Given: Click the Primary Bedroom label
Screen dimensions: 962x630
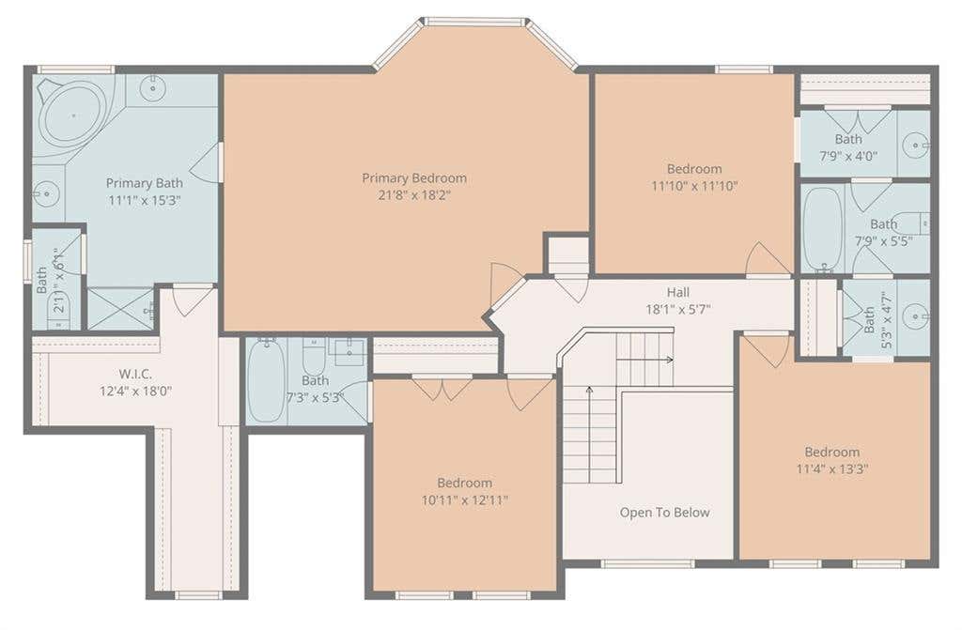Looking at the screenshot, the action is click(x=414, y=177).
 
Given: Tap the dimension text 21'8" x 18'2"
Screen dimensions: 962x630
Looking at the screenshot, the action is click(x=414, y=195).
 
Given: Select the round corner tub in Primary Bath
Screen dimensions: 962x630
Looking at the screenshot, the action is click(x=71, y=115).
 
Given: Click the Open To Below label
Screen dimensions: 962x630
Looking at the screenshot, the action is click(x=664, y=513).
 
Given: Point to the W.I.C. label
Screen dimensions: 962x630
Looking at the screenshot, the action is click(x=135, y=374).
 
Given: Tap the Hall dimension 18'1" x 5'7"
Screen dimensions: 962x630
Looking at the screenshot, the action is click(x=678, y=309).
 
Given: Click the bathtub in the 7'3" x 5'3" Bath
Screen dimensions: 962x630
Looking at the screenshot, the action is click(x=267, y=380).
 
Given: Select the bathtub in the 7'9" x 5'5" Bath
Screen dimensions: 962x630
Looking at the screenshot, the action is click(x=822, y=228).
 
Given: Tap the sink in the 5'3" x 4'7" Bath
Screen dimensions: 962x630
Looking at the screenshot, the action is click(x=917, y=316).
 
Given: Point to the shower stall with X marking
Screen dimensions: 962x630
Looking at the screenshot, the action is click(x=121, y=309).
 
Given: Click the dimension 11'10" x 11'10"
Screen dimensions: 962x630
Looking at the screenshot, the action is click(x=694, y=186).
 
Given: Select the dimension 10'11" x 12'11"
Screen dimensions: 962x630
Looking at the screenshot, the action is click(x=464, y=499).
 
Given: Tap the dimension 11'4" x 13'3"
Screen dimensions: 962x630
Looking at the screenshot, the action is click(x=832, y=469).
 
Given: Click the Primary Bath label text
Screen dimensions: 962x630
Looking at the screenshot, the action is click(x=144, y=183).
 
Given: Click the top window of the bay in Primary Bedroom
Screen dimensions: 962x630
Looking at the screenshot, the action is click(x=476, y=23).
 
